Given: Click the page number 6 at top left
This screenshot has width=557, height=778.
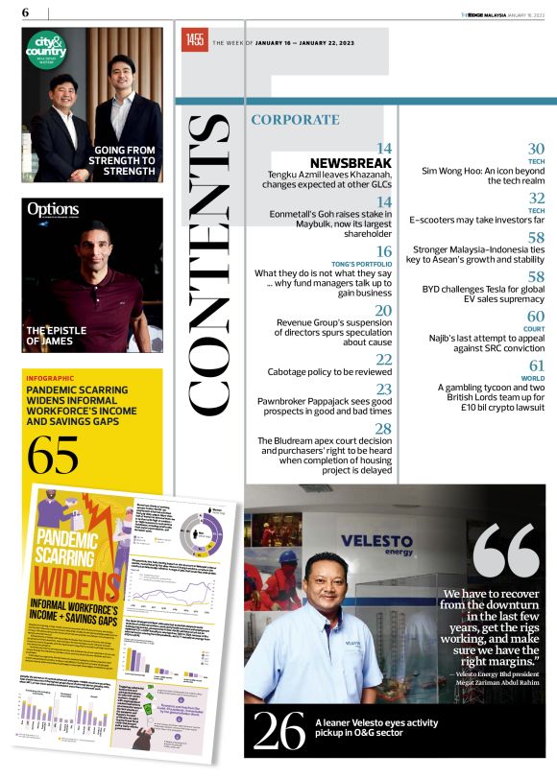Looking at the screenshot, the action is point(25,12).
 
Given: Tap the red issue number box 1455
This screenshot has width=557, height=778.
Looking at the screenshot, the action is point(195,40).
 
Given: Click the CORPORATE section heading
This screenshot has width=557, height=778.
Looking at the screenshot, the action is point(295,120).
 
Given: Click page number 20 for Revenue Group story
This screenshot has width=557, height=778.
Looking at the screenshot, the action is point(383,310).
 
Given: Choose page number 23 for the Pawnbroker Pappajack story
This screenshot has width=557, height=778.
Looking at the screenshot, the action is point(383,389).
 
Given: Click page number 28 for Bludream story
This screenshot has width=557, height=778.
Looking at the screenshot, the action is point(383,428).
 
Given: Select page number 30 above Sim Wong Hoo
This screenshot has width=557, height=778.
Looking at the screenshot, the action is point(536,149).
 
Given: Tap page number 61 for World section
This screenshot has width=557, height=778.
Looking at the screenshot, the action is point(536,365).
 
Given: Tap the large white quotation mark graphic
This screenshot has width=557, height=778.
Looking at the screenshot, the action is point(506,550).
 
